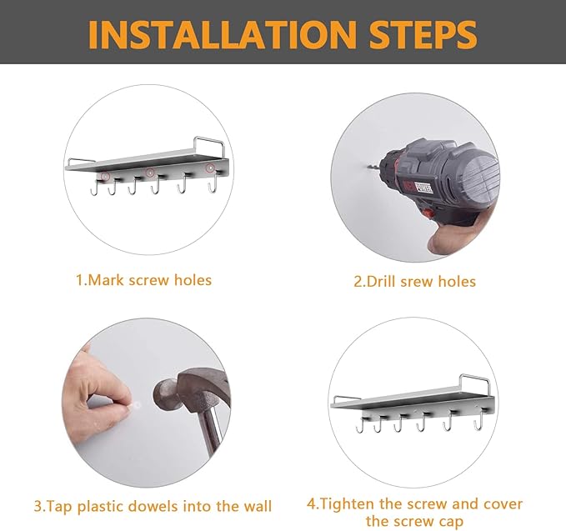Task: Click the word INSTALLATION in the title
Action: tap(223, 34)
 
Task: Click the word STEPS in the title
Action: tap(423, 34)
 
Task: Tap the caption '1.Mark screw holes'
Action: tap(143, 280)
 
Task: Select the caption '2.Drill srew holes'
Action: tap(414, 282)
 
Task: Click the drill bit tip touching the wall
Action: tap(368, 167)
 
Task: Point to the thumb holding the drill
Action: tap(444, 238)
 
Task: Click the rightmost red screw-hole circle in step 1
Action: tap(210, 168)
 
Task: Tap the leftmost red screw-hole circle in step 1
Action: tap(105, 176)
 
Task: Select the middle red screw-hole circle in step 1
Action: tap(151, 173)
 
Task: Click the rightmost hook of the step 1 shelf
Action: tap(213, 183)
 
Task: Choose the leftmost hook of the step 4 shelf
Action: tap(360, 424)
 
